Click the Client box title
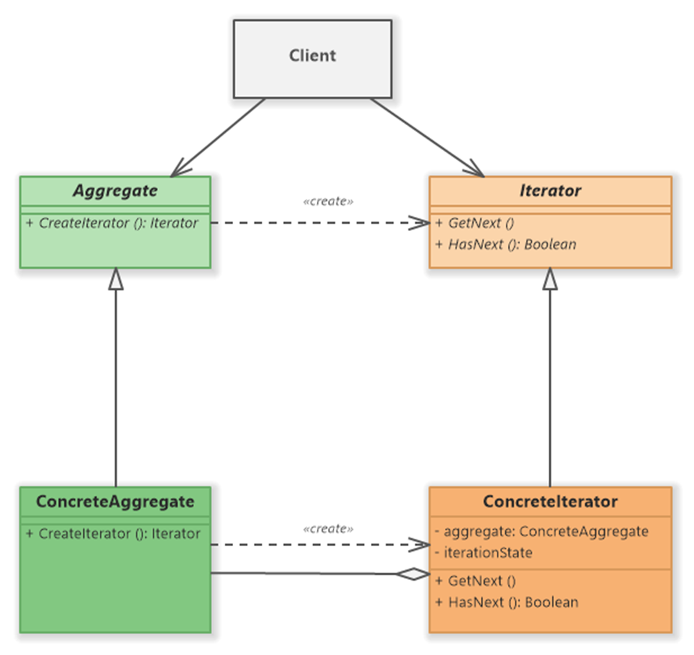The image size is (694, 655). (x=313, y=56)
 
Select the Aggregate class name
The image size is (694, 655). (x=115, y=191)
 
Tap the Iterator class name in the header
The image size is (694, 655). (x=550, y=191)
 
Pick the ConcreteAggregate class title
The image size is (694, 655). (x=115, y=501)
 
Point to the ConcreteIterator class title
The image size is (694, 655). (x=550, y=501)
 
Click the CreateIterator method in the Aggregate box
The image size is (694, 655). (x=112, y=223)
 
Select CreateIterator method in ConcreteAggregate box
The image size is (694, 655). (x=113, y=533)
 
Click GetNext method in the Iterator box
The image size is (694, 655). (x=474, y=223)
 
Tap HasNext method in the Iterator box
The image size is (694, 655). (x=506, y=244)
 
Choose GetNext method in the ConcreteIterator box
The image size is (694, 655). (x=475, y=581)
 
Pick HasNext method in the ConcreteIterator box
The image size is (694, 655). (x=507, y=602)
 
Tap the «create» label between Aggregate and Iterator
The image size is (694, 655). (x=328, y=201)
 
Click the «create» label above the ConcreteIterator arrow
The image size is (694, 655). (x=328, y=529)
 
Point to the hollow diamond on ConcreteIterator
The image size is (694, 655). (x=414, y=574)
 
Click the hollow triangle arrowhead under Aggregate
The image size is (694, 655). (x=116, y=279)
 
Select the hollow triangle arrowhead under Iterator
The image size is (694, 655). (x=550, y=279)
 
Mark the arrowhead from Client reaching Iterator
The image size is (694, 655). (x=476, y=170)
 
